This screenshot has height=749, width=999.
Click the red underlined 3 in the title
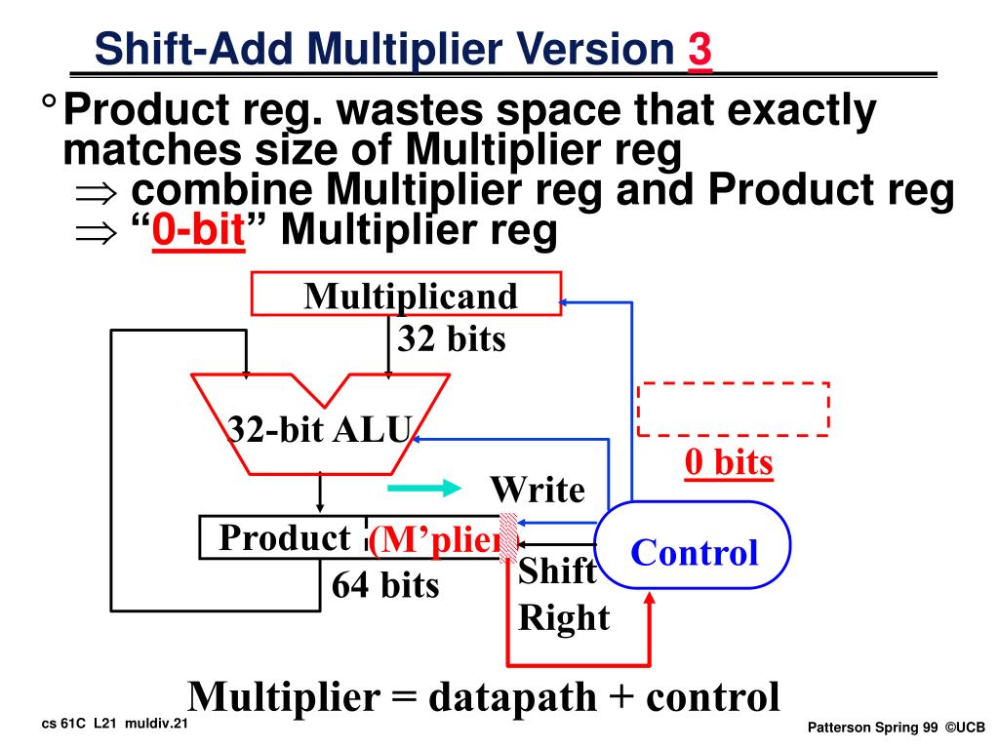[x=699, y=50]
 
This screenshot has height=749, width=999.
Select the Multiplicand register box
[x=406, y=295]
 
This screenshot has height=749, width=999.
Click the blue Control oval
[x=693, y=552]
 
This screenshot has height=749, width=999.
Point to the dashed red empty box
[x=733, y=409]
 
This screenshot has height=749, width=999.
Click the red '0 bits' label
[x=728, y=463]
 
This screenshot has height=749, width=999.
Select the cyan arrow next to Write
[x=421, y=488]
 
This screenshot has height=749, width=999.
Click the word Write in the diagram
[x=537, y=490]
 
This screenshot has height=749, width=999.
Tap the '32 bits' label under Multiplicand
[x=451, y=339]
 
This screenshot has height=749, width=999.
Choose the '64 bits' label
[x=385, y=585]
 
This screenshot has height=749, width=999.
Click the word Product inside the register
[x=285, y=537]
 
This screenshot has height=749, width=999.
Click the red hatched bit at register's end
[x=507, y=538]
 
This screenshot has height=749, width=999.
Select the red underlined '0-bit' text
[x=197, y=232]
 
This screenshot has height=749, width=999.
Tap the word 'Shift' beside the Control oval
[x=556, y=572]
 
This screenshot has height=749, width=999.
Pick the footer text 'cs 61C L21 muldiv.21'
[x=115, y=726]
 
